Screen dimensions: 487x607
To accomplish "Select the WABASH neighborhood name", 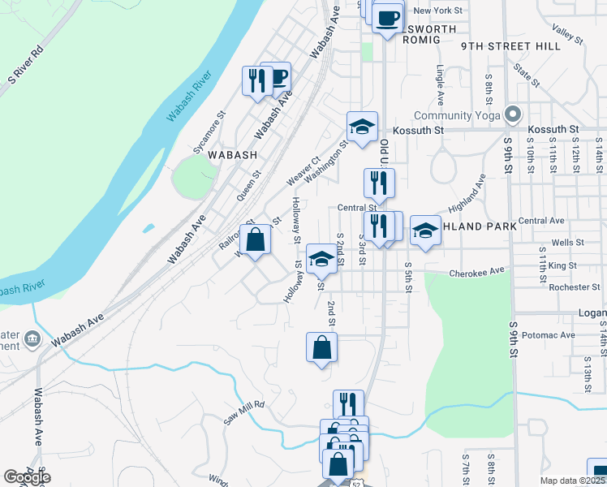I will (x=232, y=154).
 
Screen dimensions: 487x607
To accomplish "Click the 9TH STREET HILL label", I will (x=510, y=46).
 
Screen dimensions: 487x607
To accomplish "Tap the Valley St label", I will (x=568, y=32).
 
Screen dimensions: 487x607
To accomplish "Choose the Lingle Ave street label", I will (x=441, y=86).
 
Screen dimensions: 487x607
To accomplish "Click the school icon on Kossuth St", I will (x=362, y=126).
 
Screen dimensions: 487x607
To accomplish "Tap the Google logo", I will (x=27, y=477).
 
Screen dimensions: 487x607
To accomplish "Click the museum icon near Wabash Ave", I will (x=32, y=338).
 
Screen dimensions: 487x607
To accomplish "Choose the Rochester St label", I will (x=574, y=287).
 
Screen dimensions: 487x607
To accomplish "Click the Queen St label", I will (x=248, y=186).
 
